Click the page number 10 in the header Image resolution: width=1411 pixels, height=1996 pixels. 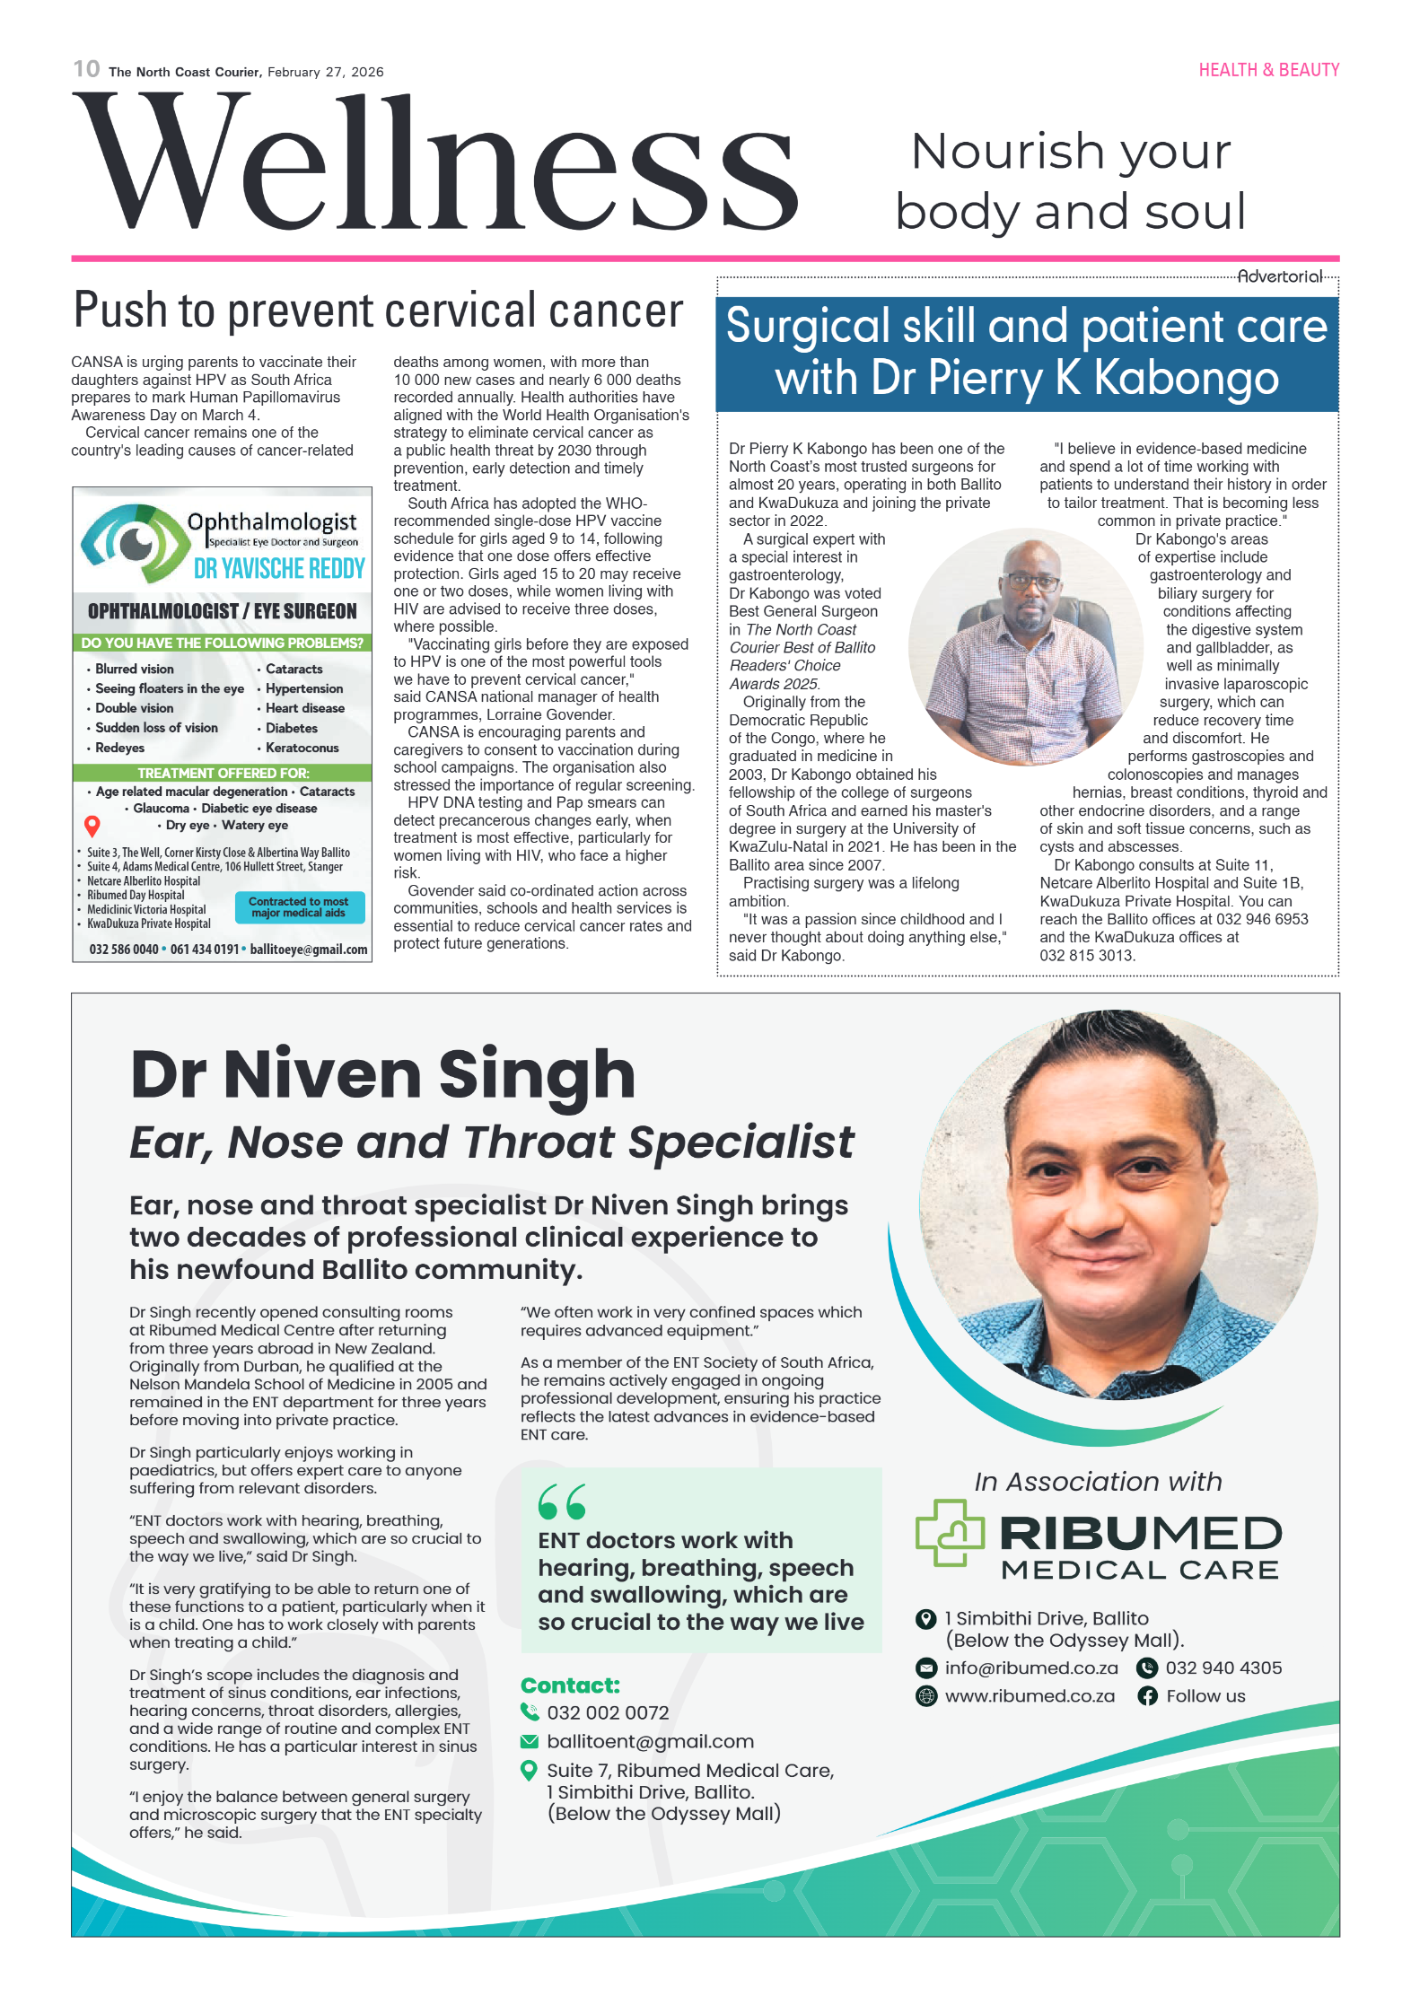tap(86, 69)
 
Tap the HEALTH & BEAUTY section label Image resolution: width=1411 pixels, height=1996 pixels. tap(1267, 70)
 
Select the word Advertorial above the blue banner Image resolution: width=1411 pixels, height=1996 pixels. tap(1279, 276)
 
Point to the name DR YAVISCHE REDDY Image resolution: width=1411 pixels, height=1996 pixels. tap(279, 569)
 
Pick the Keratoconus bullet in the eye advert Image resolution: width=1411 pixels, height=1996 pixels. tap(302, 748)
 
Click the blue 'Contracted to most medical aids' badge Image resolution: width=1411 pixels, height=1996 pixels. tap(299, 906)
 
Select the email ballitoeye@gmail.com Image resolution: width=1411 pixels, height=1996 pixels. tap(308, 950)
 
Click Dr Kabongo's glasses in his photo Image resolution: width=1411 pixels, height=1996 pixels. tap(1032, 582)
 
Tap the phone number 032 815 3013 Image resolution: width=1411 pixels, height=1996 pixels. tap(1086, 956)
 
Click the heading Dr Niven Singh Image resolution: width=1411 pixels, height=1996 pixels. tap(382, 1074)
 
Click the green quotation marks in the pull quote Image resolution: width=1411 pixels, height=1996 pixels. tap(562, 1501)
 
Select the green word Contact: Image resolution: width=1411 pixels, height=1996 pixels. tap(570, 1685)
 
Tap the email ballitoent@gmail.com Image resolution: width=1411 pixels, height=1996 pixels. tap(650, 1741)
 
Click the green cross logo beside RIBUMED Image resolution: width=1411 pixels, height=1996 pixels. tap(950, 1533)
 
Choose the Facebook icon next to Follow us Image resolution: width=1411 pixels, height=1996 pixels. tap(1147, 1696)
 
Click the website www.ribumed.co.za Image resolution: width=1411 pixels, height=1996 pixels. tap(1029, 1696)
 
